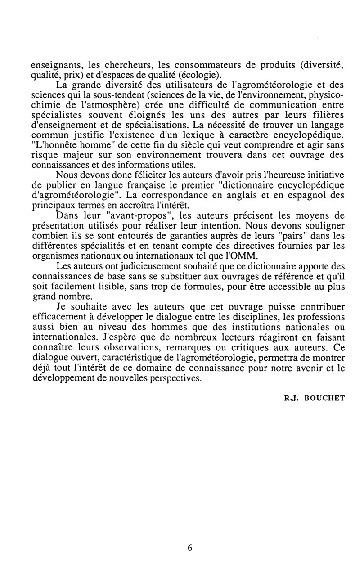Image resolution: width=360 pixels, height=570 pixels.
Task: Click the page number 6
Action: [x=190, y=548]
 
